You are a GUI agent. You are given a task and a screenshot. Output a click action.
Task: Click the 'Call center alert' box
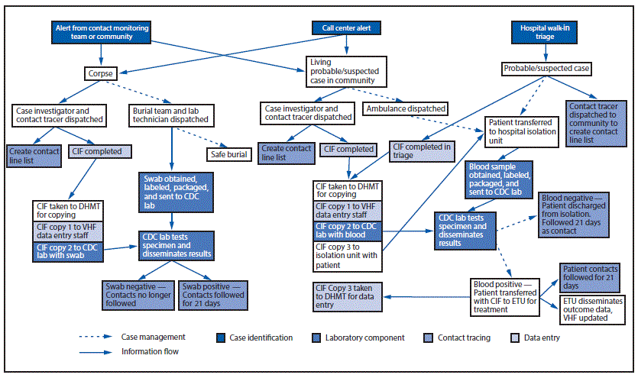click(x=346, y=28)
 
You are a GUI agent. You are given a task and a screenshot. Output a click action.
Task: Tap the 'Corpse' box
click(x=99, y=74)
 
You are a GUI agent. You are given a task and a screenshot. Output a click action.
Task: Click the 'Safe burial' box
click(x=227, y=154)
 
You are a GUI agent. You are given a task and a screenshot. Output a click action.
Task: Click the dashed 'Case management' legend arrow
click(x=96, y=337)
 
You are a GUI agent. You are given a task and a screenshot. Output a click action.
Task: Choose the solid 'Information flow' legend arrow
click(x=96, y=352)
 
